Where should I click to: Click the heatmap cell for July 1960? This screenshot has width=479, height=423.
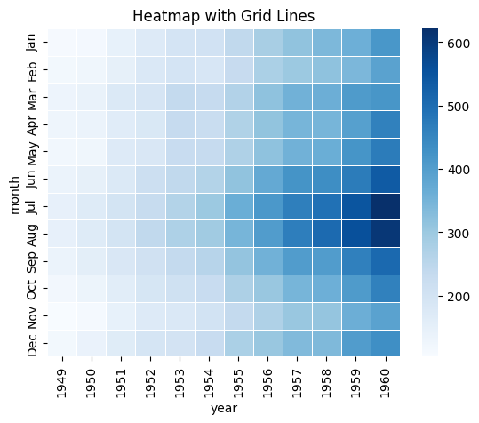386,206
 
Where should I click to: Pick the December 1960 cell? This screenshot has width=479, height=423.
386,343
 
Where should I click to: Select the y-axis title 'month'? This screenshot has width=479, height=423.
15,193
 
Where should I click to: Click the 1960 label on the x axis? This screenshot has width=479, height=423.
386,378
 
